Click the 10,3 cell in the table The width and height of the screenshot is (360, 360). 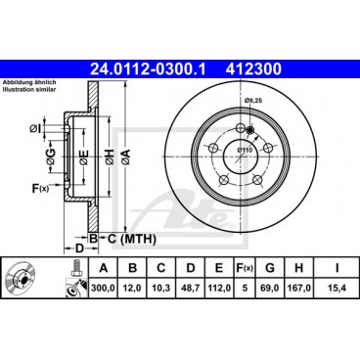point(159,290)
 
